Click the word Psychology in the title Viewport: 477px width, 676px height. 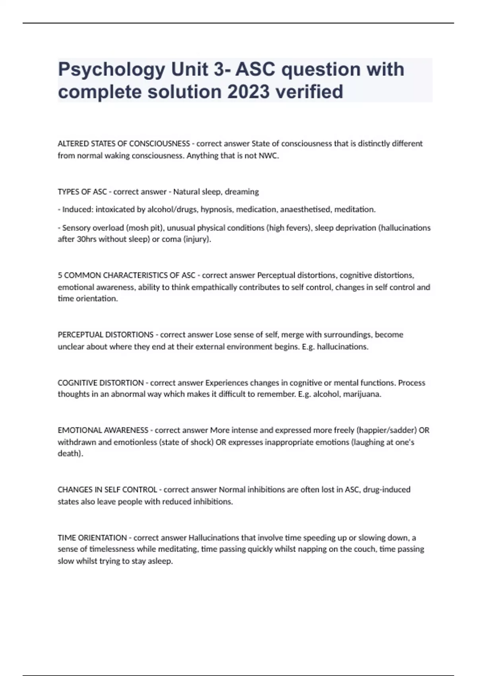tap(111, 70)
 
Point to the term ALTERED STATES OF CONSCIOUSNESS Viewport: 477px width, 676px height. tap(124, 144)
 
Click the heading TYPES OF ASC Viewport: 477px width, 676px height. tap(82, 192)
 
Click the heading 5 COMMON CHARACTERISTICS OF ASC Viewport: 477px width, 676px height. tap(126, 275)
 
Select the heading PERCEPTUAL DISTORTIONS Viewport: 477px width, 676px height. tap(105, 335)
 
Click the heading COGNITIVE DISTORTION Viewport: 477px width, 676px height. tap(101, 383)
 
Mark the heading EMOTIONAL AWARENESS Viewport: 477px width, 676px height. tap(103, 430)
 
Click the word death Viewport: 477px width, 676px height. tap(69, 454)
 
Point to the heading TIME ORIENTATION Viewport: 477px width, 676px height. tap(92, 538)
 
